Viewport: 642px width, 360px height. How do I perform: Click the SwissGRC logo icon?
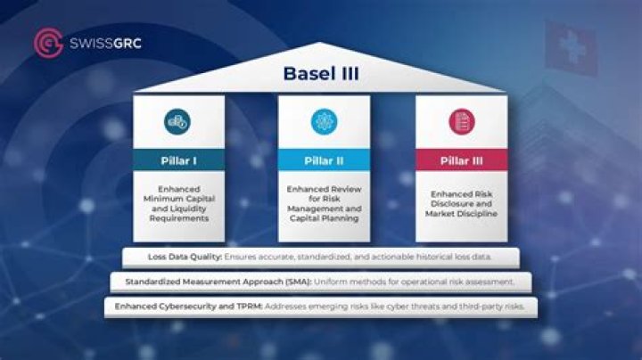click(x=47, y=42)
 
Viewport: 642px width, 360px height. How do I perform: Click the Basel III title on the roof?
click(x=320, y=73)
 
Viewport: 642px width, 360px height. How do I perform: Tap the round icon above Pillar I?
click(x=178, y=121)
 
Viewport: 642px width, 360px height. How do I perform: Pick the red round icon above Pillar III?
click(x=462, y=121)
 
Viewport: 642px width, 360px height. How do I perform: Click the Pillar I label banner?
click(x=178, y=160)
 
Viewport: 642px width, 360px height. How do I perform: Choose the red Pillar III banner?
click(x=462, y=160)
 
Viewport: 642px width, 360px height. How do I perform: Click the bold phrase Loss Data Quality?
click(x=185, y=257)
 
